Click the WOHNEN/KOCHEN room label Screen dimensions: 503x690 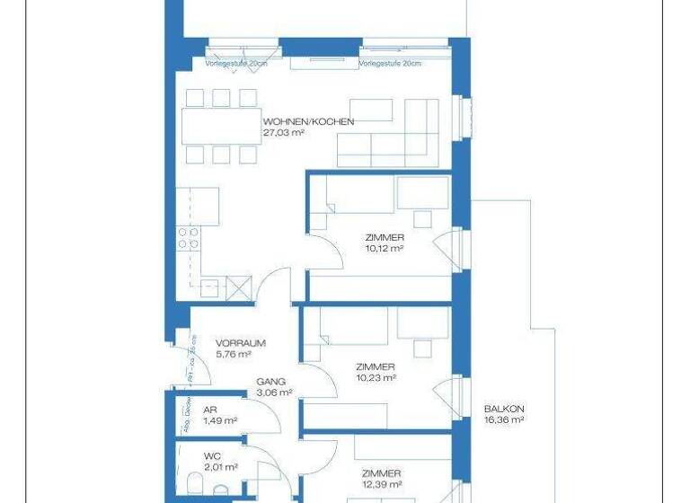coord(308,121)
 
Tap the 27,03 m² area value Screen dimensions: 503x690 coord(284,132)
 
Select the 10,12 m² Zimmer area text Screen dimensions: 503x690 coord(384,248)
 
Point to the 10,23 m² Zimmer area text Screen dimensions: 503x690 coord(376,378)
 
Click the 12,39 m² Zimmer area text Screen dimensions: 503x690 coord(381,485)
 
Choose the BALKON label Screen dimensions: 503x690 coord(503,407)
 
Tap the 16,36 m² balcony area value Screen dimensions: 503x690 coord(503,419)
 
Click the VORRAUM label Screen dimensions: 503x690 coord(240,343)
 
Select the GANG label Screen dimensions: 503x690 coord(270,381)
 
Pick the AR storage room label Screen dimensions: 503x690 coord(185,410)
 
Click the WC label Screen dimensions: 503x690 coord(187,455)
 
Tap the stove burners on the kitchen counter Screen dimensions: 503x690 coord(188,238)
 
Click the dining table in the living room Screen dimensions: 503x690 coord(220,126)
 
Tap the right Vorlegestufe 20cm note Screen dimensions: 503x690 coord(390,64)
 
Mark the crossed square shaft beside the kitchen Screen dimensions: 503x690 coord(238,288)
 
